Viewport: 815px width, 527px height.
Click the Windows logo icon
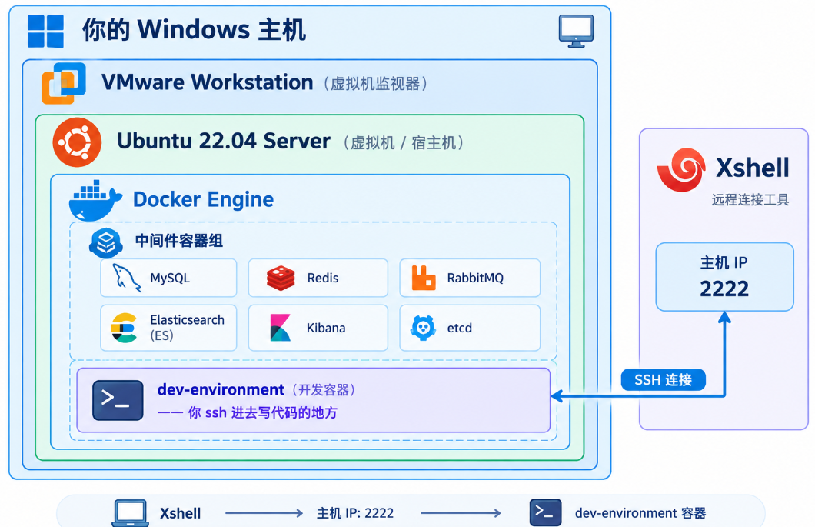coord(45,32)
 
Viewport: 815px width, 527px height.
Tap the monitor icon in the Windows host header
coord(576,32)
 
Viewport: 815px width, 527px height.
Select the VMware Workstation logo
coord(64,83)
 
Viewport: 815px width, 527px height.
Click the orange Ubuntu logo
coord(77,142)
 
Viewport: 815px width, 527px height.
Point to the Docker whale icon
coord(95,201)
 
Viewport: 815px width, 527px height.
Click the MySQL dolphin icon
coord(127,277)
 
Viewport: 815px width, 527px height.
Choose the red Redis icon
coord(281,278)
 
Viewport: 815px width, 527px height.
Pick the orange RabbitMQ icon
coord(424,277)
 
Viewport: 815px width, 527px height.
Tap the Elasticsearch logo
coord(125,328)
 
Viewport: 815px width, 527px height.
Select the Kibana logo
coord(280,328)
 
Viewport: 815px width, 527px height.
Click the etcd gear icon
coord(423,328)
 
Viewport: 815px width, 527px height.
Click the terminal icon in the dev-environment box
coord(118,400)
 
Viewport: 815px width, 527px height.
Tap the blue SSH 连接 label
coord(664,380)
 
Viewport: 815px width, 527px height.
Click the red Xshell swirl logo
coord(681,169)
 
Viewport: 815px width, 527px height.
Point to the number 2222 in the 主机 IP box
coord(724,289)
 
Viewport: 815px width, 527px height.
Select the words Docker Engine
coord(203,200)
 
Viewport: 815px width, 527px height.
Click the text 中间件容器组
coord(179,241)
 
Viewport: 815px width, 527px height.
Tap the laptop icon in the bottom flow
coord(130,513)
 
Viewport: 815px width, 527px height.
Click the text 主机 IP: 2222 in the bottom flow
coord(355,513)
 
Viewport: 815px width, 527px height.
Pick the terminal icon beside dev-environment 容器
coord(545,512)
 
